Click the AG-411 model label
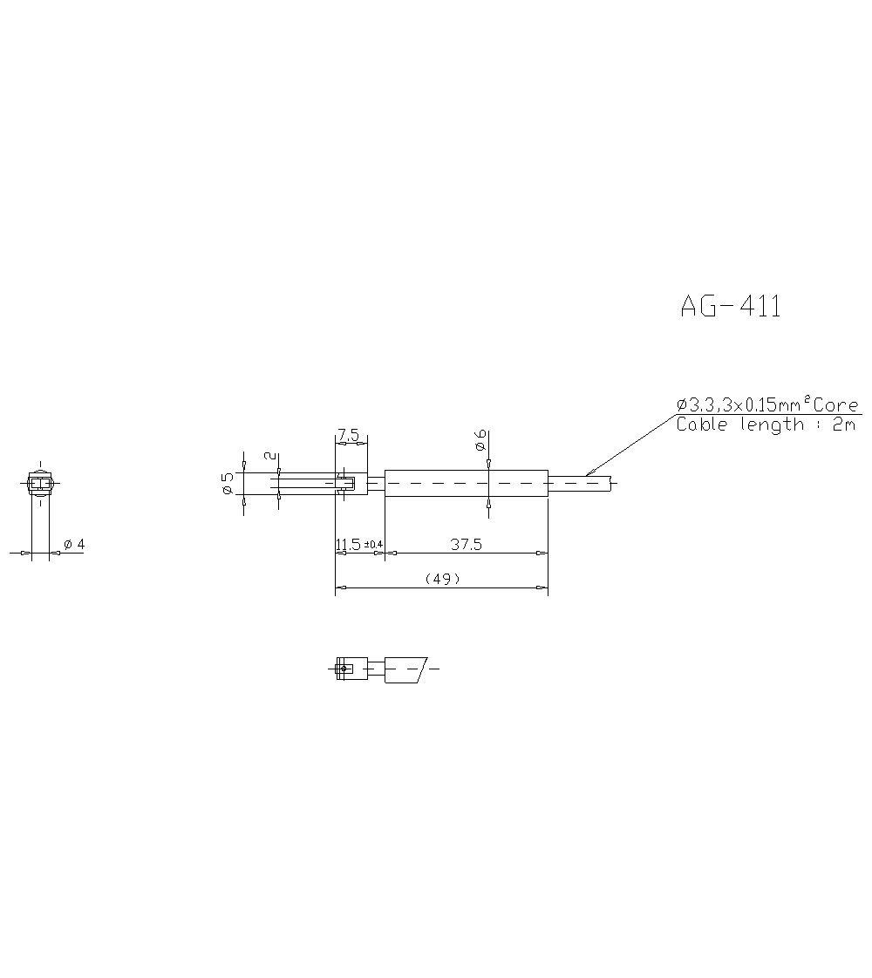[731, 306]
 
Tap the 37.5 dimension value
[467, 545]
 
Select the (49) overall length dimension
[441, 579]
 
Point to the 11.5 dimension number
[348, 545]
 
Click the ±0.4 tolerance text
[373, 545]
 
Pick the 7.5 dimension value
[349, 434]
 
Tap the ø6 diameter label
[480, 441]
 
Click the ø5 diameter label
[228, 483]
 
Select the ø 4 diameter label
[74, 545]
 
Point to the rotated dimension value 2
[269, 455]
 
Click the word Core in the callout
[835, 405]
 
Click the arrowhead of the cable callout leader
[589, 473]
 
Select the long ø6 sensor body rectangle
[467, 484]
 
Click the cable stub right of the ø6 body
[580, 482]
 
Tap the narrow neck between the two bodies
[376, 483]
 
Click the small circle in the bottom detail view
[344, 669]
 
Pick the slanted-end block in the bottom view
[404, 669]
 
